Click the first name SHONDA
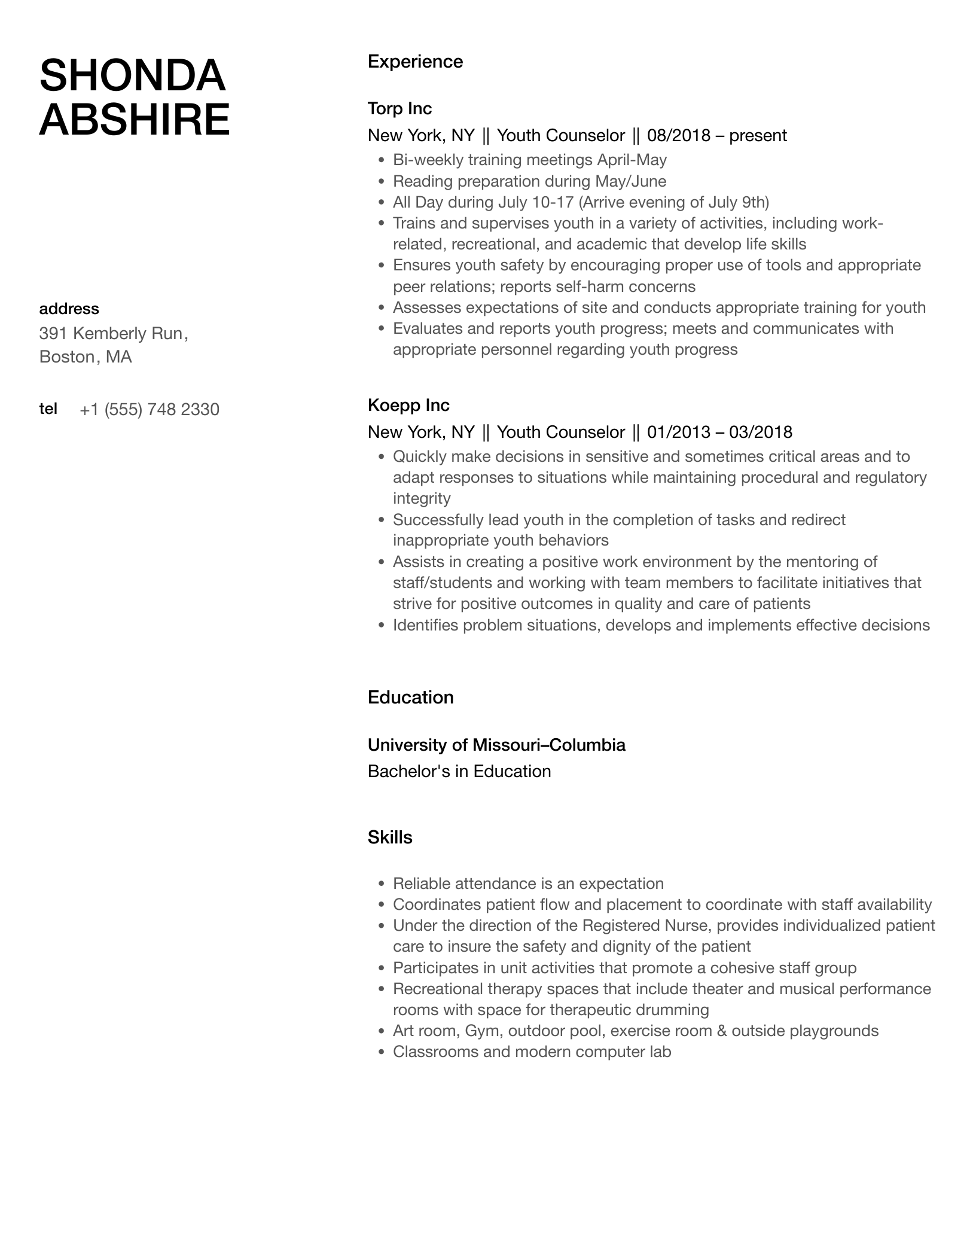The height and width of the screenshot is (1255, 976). click(132, 76)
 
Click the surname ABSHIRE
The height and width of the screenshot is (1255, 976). click(135, 120)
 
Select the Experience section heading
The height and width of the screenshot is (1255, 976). click(415, 62)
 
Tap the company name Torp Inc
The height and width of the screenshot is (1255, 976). click(399, 108)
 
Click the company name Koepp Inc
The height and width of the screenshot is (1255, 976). click(408, 405)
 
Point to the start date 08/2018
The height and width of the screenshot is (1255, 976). click(679, 135)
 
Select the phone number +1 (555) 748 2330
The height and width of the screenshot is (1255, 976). click(150, 410)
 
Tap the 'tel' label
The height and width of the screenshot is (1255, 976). click(48, 409)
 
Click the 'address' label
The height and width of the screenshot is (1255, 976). click(69, 309)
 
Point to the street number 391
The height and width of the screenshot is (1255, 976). click(52, 333)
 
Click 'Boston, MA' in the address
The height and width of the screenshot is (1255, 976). click(86, 357)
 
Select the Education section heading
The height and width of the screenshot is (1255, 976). click(410, 697)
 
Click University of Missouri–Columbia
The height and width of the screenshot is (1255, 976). click(496, 745)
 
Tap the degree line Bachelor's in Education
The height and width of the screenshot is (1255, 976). click(459, 771)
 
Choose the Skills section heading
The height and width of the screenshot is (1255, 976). click(390, 837)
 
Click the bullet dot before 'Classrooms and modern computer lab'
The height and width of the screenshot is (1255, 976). click(382, 1052)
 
